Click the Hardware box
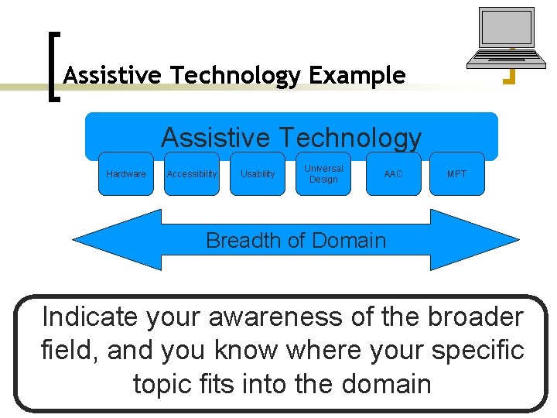125,174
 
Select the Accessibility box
192,174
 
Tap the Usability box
258,174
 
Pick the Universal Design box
323,174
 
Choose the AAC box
393,174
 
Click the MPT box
456,174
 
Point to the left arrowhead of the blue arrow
108,239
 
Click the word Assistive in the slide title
114,76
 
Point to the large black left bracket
53,66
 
